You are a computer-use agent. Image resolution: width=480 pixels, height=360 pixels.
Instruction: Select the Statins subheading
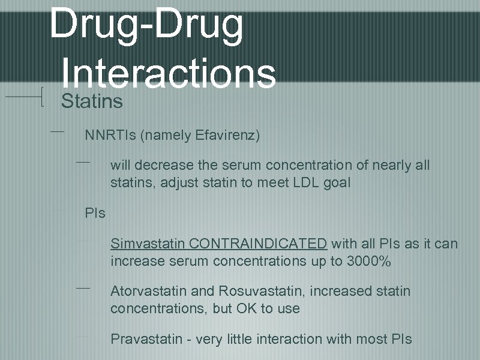pyautogui.click(x=92, y=101)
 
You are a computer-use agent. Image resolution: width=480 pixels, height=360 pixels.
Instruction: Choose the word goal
pyautogui.click(x=335, y=183)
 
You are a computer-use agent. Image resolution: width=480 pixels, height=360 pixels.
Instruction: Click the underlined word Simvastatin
pyautogui.click(x=148, y=244)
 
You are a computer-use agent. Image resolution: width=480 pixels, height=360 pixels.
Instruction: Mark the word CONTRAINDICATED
pyautogui.click(x=257, y=244)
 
